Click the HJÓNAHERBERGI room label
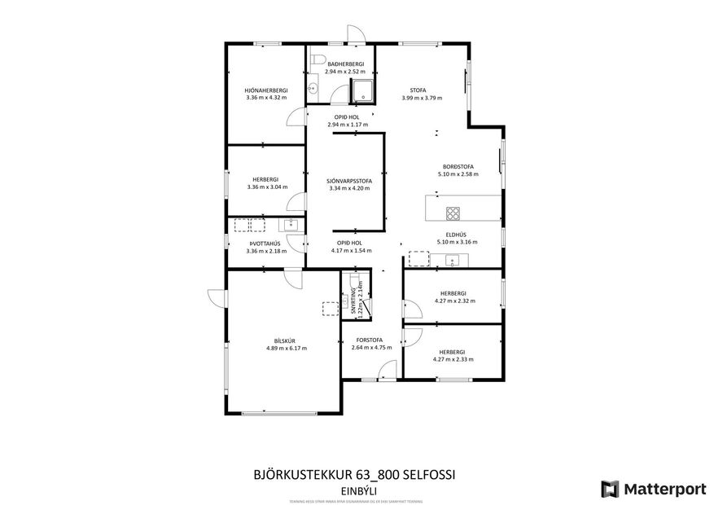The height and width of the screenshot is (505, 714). point(266,90)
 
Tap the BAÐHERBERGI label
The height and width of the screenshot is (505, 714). point(344,64)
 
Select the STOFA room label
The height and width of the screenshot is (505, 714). point(421,90)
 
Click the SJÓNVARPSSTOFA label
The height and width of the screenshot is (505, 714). point(348,181)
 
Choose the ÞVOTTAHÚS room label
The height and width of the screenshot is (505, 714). point(266,243)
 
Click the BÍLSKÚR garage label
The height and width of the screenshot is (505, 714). point(285,340)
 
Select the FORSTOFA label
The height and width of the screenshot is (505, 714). point(371,340)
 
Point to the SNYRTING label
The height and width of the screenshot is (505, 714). point(353,301)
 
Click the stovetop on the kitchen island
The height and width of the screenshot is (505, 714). point(453,213)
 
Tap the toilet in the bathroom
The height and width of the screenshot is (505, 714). point(318,57)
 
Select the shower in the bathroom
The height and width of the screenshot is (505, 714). point(362,91)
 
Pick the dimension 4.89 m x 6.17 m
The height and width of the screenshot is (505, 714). point(285,348)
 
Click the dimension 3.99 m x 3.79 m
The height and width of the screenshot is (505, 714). point(421,98)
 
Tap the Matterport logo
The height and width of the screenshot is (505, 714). point(653,489)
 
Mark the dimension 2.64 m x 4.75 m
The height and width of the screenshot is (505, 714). point(371,347)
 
